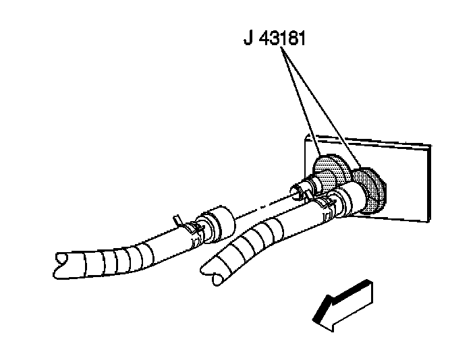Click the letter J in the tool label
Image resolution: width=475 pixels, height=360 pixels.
[249, 38]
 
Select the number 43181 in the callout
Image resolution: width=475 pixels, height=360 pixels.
[283, 38]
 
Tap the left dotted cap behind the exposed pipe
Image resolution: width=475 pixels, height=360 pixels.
[328, 171]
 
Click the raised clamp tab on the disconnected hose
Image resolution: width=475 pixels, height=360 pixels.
[177, 219]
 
